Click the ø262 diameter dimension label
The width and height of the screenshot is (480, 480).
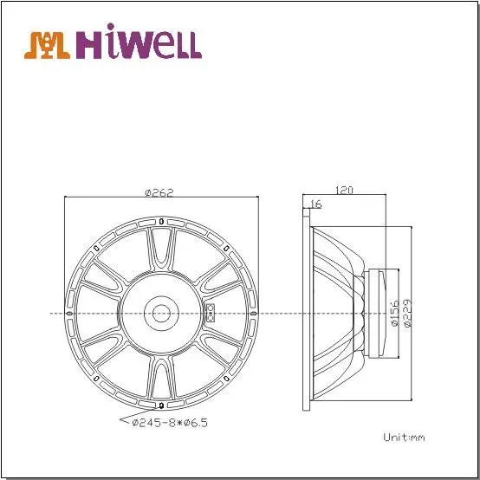[x=162, y=192]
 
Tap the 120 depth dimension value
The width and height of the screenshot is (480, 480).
[x=345, y=188]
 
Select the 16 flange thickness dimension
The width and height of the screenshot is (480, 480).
[x=315, y=204]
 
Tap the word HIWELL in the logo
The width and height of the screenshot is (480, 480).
[x=139, y=44]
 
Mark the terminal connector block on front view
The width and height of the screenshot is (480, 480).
[x=209, y=313]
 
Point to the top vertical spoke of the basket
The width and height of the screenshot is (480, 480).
[x=162, y=251]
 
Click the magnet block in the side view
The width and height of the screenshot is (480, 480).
[x=379, y=313]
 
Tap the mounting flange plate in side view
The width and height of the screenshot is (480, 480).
[x=305, y=313]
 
